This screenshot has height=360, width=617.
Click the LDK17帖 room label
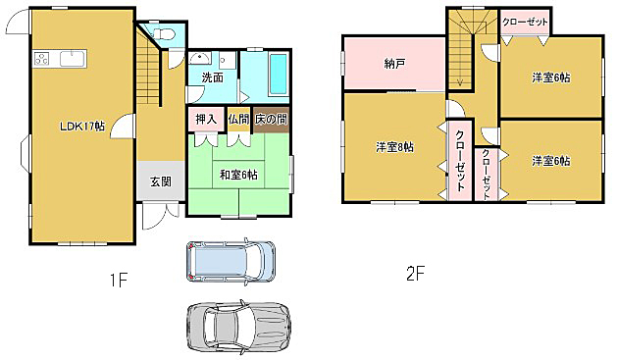[82, 127]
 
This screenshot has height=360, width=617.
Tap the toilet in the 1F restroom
[164, 33]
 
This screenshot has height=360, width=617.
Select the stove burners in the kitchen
[42, 59]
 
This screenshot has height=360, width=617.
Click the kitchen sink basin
[73, 59]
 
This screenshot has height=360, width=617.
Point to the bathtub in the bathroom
[279, 74]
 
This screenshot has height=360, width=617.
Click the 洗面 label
[212, 77]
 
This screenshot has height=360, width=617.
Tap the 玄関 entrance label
[161, 181]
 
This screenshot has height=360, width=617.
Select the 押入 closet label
[206, 120]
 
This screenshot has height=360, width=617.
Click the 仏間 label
[238, 120]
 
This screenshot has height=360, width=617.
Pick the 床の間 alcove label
[271, 120]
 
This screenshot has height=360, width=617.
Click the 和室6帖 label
[238, 175]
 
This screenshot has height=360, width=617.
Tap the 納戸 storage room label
[394, 64]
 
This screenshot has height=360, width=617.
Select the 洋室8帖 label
[394, 147]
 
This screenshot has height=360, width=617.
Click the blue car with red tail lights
[231, 261]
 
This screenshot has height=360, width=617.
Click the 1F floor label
[118, 281]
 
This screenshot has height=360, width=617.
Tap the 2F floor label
[416, 274]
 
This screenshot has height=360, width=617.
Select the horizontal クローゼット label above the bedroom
[525, 22]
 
